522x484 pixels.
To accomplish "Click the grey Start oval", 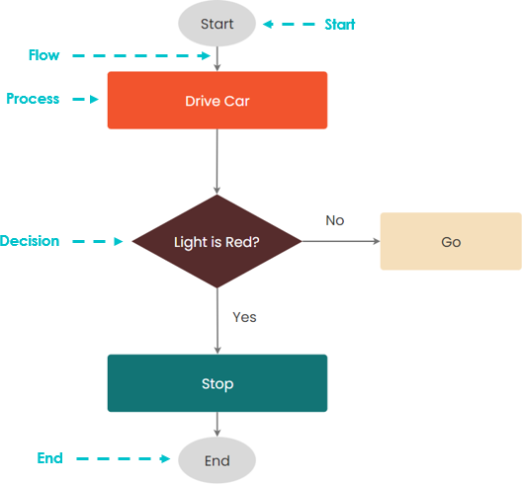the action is (217, 24).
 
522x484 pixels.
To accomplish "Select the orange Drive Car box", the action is (217, 100).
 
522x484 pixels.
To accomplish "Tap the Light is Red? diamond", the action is (217, 241).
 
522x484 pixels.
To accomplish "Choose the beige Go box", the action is (451, 241).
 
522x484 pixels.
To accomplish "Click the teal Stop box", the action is (217, 383).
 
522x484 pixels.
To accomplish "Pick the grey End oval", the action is (217, 460).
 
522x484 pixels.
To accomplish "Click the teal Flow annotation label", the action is (43, 55).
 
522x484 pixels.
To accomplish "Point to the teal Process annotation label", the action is (33, 99).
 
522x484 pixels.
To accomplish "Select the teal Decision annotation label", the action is (30, 241).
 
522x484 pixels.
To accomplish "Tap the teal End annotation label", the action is (50, 458).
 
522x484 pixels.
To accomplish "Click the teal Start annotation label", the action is (340, 25).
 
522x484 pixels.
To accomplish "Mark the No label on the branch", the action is (335, 220).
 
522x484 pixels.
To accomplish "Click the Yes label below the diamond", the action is (244, 317).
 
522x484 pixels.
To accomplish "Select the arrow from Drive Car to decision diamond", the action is (217, 162).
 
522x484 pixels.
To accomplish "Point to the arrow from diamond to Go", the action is (341, 241).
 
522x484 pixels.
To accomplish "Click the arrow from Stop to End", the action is (217, 425).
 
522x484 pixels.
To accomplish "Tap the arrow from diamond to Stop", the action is (217, 321).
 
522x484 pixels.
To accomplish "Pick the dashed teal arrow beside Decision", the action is (98, 241).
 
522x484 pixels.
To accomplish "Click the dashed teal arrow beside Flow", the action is (141, 55).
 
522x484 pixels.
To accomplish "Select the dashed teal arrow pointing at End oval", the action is (124, 458).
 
